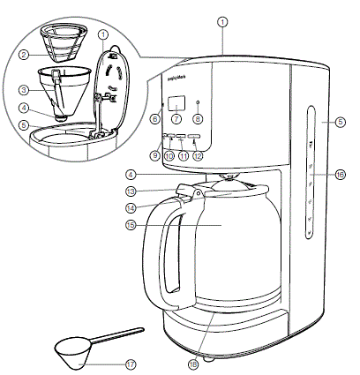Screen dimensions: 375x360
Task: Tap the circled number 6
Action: [x=155, y=117]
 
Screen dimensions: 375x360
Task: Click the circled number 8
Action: [x=198, y=117]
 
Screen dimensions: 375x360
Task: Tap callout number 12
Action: [x=199, y=156]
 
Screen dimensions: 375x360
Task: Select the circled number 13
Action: [x=130, y=190]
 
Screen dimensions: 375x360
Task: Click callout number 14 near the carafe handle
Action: [x=130, y=208]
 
